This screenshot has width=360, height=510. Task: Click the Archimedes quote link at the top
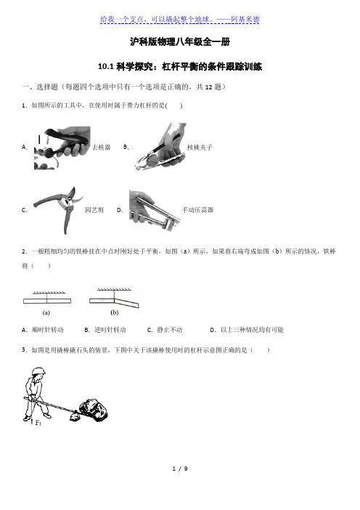click(x=180, y=20)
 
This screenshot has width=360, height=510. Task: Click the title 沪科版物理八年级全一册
click(x=180, y=41)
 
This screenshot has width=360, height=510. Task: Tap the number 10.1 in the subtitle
click(x=105, y=67)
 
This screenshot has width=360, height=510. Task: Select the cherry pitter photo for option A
click(x=62, y=148)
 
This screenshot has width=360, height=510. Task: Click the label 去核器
click(x=102, y=147)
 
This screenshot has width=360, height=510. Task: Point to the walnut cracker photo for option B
click(x=160, y=146)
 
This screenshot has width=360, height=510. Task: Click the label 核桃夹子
click(x=200, y=147)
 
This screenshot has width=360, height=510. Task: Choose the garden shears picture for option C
click(x=58, y=210)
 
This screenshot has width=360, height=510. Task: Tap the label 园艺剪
click(x=94, y=210)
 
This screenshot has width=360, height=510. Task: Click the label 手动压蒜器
click(x=198, y=210)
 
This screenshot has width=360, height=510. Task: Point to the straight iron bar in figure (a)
click(x=47, y=301)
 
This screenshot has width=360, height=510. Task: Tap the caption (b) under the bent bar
click(x=115, y=312)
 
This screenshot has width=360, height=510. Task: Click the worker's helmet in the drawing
click(x=38, y=371)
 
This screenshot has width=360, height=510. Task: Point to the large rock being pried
click(x=93, y=410)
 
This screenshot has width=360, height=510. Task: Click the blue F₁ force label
click(x=38, y=423)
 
